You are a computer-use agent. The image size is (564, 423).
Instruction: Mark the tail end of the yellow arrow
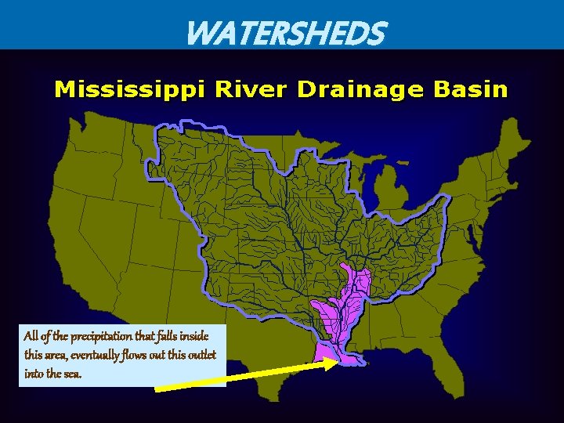[157, 388]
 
